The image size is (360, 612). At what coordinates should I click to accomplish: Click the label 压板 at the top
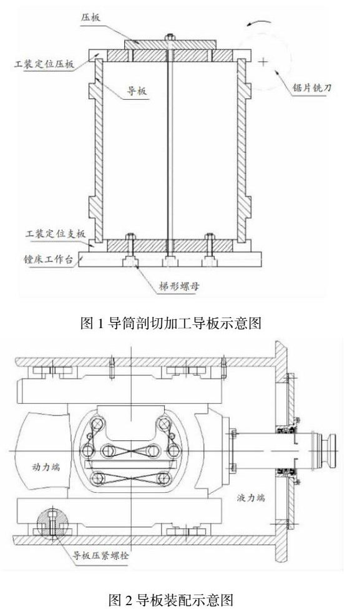click(90, 18)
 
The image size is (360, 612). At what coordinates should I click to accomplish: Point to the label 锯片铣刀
click(312, 88)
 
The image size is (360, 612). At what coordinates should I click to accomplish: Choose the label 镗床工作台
click(49, 259)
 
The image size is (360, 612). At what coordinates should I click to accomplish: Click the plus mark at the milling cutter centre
click(264, 61)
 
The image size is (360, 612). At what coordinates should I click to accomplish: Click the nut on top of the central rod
click(170, 37)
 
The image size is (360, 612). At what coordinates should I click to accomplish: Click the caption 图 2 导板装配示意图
click(172, 599)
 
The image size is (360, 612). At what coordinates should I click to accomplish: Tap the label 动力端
click(46, 467)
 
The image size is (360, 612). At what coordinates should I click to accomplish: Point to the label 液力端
click(251, 498)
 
